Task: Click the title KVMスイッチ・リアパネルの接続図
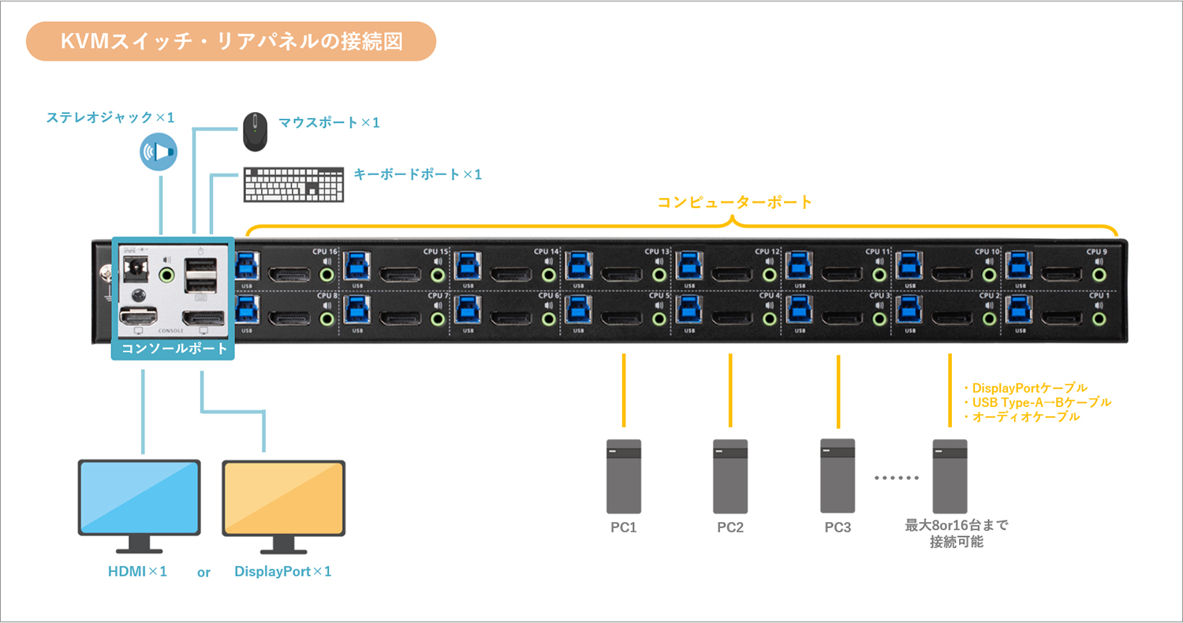tap(231, 42)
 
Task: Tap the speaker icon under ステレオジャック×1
tap(159, 152)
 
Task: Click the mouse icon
tap(254, 131)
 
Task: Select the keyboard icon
tap(293, 185)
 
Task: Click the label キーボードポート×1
tap(417, 174)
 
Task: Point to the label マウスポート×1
tap(329, 123)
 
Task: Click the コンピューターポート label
tap(734, 202)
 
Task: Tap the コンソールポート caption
tap(174, 348)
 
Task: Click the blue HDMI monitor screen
tap(139, 498)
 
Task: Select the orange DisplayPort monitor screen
tap(283, 498)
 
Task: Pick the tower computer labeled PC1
tap(623, 476)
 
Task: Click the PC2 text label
tap(730, 528)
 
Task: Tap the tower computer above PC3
tap(838, 475)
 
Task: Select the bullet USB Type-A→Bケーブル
tap(1037, 402)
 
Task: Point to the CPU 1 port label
tap(1098, 295)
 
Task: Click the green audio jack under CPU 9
tap(1098, 275)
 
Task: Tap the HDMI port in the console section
tap(137, 318)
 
